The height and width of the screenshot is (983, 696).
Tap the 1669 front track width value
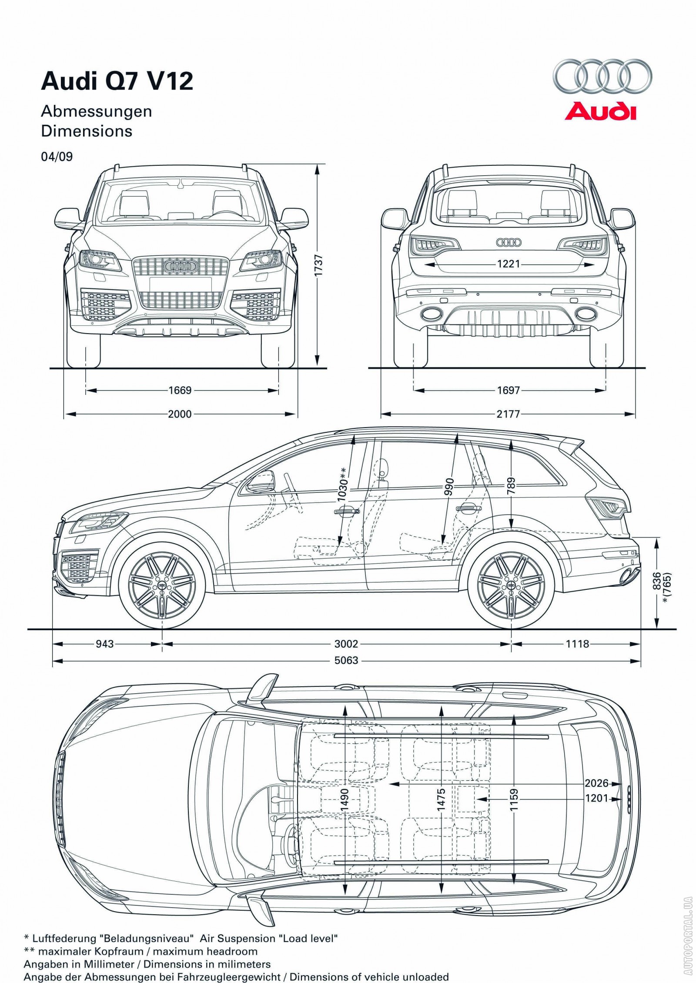click(x=180, y=390)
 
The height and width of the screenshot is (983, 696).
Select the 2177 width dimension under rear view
click(x=508, y=414)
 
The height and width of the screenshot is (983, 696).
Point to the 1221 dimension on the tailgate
click(x=508, y=264)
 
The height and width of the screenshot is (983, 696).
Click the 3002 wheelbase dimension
click(x=346, y=644)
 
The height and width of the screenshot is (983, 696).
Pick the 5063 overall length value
click(x=346, y=661)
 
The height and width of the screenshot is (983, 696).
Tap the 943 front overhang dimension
click(x=104, y=644)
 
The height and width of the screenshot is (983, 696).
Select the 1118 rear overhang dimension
click(x=577, y=644)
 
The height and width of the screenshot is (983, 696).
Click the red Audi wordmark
click(x=600, y=111)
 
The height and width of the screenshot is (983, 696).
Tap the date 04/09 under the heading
click(x=57, y=157)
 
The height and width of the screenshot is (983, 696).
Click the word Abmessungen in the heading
click(x=96, y=111)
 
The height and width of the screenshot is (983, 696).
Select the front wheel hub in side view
click(x=162, y=586)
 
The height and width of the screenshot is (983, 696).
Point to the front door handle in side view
click(x=346, y=512)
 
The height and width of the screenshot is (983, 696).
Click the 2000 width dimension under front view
click(x=180, y=414)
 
